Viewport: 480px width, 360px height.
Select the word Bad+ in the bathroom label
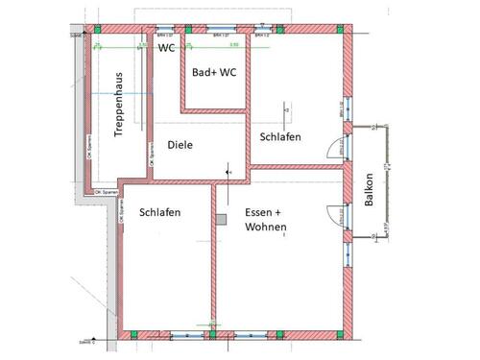tap(203, 73)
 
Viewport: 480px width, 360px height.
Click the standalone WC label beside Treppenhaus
tap(167, 47)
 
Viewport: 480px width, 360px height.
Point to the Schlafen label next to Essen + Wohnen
tap(159, 212)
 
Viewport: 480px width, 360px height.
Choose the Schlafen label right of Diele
tap(280, 137)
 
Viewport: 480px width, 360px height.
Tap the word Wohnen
tap(266, 228)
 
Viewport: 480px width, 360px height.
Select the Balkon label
tap(369, 190)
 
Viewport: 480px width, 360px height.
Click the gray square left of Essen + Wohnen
tap(222, 220)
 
